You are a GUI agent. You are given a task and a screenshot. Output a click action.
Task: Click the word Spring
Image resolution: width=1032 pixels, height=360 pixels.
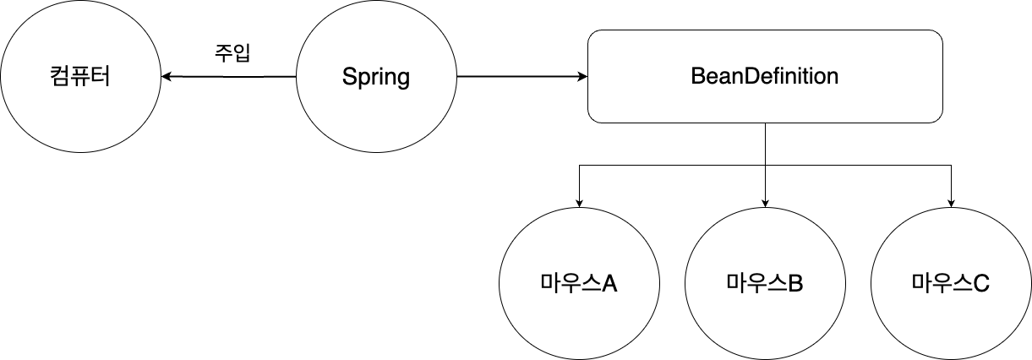pyautogui.click(x=376, y=78)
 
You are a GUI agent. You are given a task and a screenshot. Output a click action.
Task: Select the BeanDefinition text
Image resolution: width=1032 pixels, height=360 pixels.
pyautogui.click(x=765, y=76)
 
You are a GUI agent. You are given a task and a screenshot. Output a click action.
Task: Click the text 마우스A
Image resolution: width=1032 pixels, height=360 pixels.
pyautogui.click(x=579, y=283)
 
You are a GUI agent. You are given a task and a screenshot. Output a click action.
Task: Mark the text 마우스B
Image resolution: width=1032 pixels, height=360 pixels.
pyautogui.click(x=765, y=283)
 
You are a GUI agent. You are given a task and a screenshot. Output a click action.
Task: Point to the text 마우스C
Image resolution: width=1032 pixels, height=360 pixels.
pyautogui.click(x=951, y=283)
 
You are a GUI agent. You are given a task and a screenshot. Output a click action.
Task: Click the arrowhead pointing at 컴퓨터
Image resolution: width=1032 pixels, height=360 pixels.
pyautogui.click(x=166, y=77)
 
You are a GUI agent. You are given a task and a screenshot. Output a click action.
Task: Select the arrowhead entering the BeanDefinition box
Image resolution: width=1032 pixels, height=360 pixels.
pyautogui.click(x=582, y=77)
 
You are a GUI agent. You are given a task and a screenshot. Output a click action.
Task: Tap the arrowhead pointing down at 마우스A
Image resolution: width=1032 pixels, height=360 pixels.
pyautogui.click(x=579, y=202)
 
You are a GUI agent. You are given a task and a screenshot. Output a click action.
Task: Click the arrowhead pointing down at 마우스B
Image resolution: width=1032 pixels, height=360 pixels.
pyautogui.click(x=765, y=202)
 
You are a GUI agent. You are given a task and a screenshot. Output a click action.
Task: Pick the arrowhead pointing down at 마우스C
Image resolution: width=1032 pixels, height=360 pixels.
pyautogui.click(x=951, y=202)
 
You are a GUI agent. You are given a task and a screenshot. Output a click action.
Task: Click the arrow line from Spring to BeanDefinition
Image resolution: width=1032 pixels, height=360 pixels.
pyautogui.click(x=516, y=77)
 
